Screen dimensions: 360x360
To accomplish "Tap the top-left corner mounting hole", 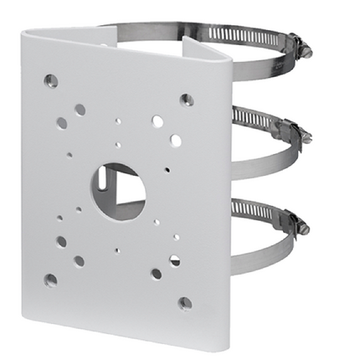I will [51, 81].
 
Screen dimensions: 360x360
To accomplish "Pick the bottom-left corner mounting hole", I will [51, 280].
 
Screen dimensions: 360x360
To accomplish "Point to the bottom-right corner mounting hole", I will [184, 302].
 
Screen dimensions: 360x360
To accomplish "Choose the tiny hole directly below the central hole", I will [118, 249].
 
